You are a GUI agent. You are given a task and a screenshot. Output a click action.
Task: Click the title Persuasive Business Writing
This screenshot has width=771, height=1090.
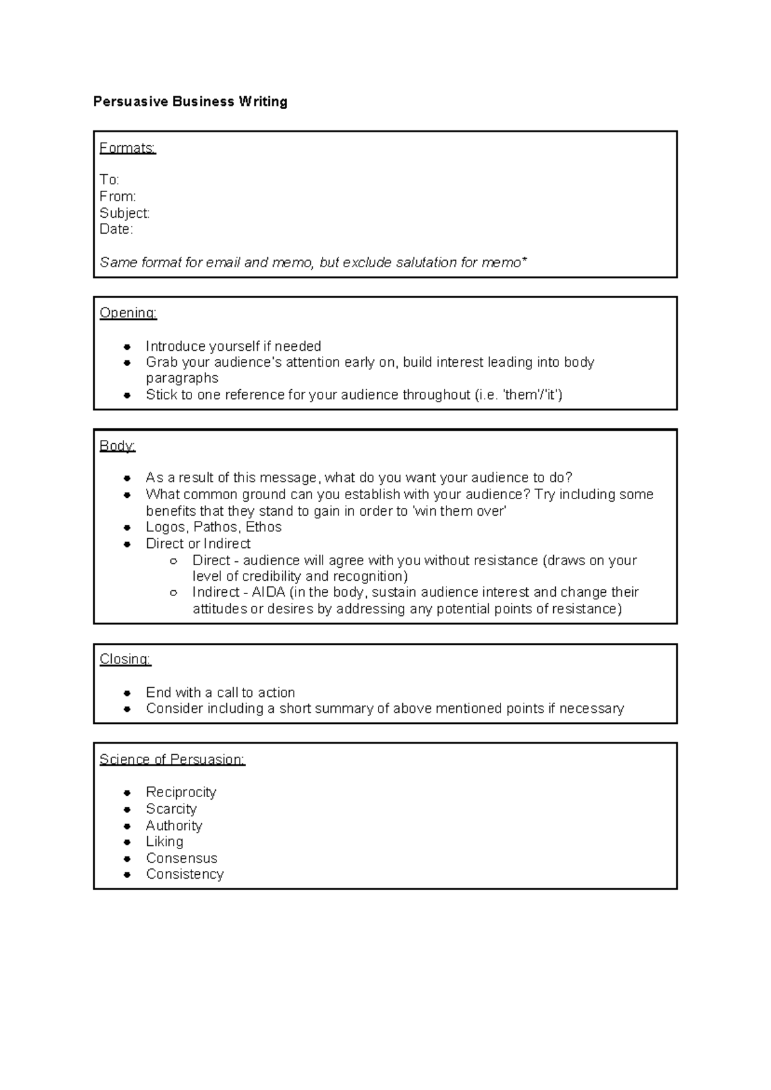[x=190, y=101]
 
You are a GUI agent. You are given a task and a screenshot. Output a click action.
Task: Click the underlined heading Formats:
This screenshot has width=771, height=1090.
[x=127, y=148]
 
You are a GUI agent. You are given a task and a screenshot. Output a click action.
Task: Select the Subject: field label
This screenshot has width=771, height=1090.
[x=124, y=213]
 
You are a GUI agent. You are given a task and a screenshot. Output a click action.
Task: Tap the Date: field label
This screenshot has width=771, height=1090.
[x=116, y=229]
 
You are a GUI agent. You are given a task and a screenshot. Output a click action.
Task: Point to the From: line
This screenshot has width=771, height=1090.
[x=118, y=196]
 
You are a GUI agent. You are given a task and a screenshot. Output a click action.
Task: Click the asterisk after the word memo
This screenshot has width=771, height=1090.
[x=524, y=260]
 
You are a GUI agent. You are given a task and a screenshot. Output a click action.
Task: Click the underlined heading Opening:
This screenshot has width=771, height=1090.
[x=128, y=313]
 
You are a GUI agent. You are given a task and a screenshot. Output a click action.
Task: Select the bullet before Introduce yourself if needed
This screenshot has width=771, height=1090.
[x=128, y=347]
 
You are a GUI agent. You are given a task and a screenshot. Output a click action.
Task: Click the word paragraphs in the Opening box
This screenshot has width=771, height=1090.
[x=182, y=378]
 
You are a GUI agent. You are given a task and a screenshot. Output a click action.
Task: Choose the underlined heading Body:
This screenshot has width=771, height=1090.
[x=117, y=446]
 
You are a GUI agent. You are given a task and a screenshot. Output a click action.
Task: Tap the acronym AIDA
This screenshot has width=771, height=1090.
[x=269, y=592]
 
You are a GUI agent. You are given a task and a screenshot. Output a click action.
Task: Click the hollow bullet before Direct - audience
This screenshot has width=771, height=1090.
[x=173, y=561]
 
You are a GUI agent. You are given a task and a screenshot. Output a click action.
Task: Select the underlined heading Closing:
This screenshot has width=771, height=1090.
[x=125, y=660]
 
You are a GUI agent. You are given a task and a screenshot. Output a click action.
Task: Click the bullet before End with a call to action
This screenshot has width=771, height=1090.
[x=128, y=693]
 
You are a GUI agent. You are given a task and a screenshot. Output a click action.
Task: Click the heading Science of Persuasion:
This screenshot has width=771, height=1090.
[x=172, y=760]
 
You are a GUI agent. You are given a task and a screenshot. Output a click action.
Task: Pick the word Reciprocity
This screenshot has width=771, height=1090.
[x=181, y=793]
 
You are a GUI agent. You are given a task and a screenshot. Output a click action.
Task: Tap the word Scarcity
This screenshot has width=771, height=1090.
[x=171, y=809]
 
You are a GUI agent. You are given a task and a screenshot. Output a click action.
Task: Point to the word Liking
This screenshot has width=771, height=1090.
[x=164, y=841]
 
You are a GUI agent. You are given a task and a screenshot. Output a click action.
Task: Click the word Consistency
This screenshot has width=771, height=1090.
[x=184, y=874]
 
